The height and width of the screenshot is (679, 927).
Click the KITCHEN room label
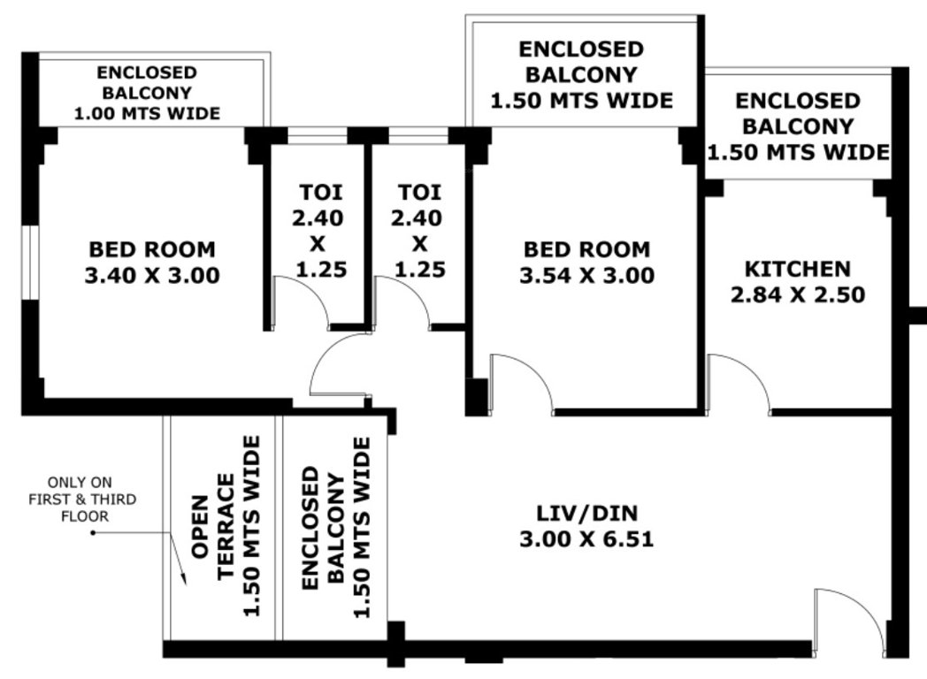(x=797, y=268)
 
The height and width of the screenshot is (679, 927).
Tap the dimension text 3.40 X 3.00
(x=151, y=275)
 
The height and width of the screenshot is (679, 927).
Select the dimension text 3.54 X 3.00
(x=586, y=275)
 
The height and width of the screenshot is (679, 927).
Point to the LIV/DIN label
(x=587, y=512)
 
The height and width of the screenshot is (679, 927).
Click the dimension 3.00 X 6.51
(x=587, y=538)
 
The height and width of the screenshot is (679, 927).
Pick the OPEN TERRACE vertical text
(x=213, y=526)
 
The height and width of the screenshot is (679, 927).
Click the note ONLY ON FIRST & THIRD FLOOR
(x=92, y=500)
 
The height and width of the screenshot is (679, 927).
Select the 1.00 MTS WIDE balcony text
(x=147, y=113)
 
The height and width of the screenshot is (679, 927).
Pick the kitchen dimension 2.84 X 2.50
(x=797, y=294)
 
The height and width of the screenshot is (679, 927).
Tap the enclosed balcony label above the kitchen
(x=797, y=126)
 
